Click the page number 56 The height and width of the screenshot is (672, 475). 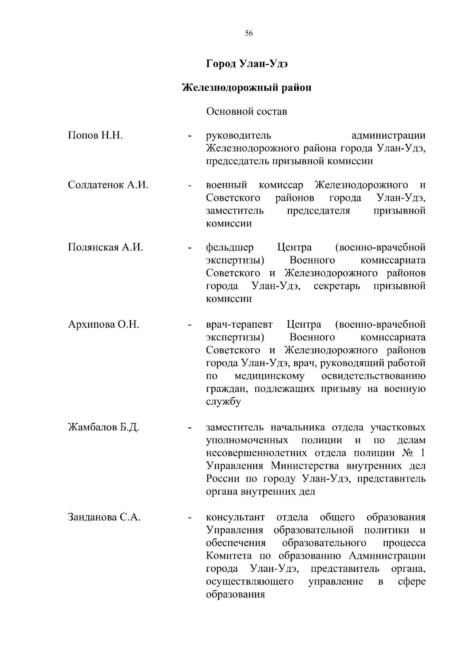coord(249,34)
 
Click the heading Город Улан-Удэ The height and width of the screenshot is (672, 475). coord(247,64)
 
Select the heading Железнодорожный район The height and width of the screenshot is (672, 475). coord(247,87)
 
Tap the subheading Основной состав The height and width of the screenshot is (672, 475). coord(247,112)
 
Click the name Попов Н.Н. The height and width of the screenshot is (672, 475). coord(95,136)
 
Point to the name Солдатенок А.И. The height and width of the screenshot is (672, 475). coord(108,185)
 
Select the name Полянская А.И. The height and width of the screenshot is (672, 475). coord(105,248)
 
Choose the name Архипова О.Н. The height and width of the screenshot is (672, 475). coord(103,325)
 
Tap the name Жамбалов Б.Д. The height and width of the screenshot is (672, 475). coord(103,428)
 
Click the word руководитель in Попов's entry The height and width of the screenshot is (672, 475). coord(239,136)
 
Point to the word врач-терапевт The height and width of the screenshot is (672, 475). coord(239,325)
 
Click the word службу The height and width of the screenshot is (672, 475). coord(224,402)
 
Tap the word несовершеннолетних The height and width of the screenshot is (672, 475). coord(256,453)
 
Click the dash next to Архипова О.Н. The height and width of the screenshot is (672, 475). coord(190,326)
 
